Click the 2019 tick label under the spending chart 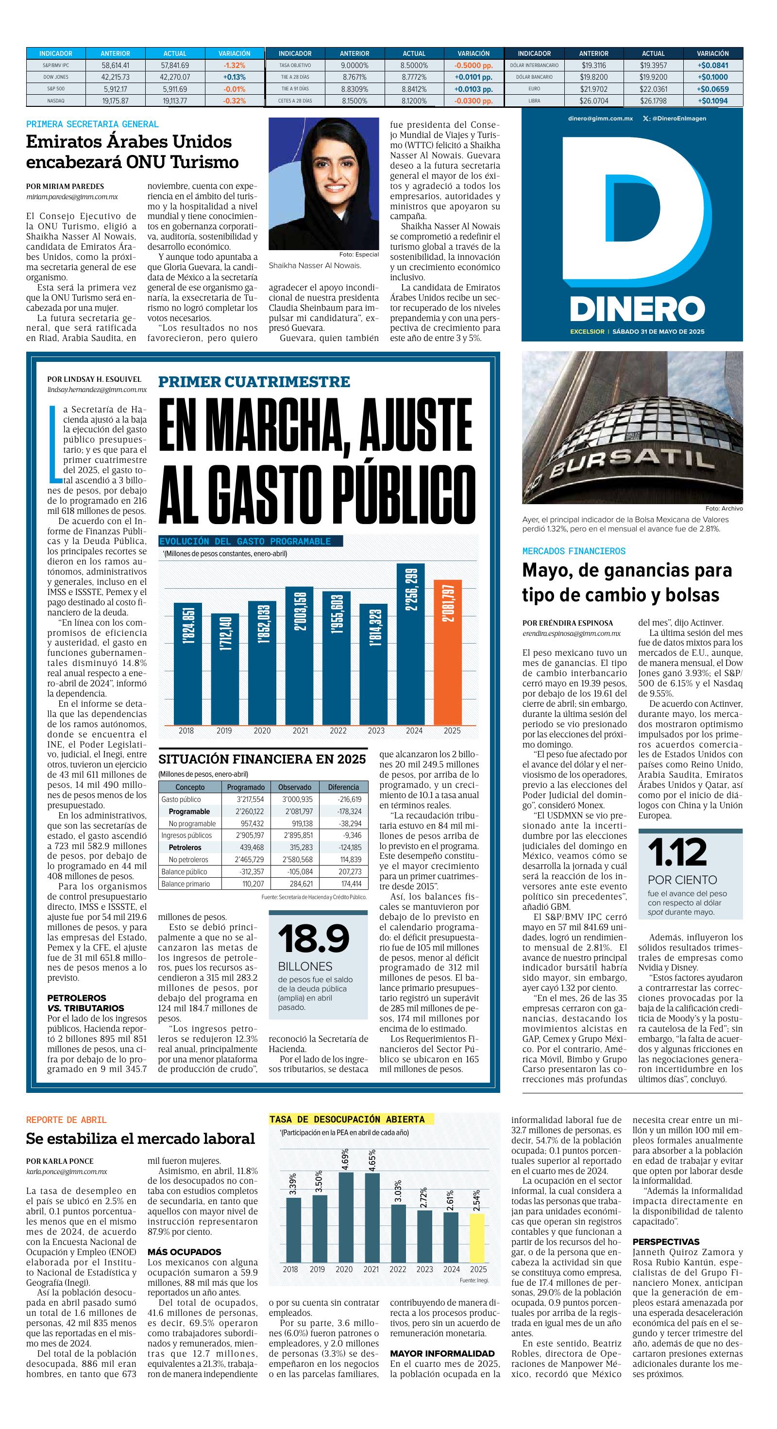point(224,731)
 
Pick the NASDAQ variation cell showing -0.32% point(235,101)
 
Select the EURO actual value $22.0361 point(653,89)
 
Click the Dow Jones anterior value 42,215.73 point(116,77)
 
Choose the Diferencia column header point(343,786)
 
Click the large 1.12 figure point(678,852)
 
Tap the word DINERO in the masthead point(637,309)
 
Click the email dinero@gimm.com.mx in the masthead point(600,118)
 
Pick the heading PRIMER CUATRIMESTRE point(254,382)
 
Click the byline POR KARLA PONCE point(60,1161)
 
